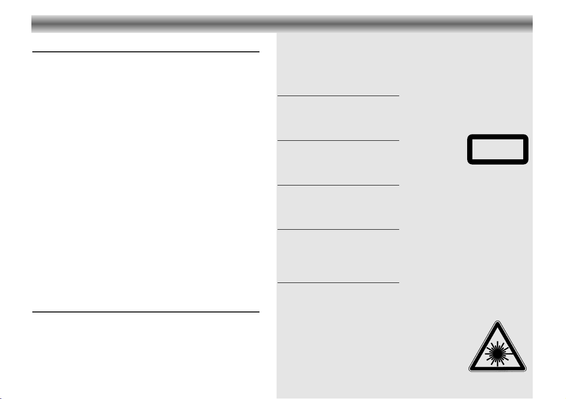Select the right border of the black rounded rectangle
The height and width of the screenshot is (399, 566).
tap(527, 149)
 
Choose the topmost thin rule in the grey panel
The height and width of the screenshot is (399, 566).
tap(338, 96)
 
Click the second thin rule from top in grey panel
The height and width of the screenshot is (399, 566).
tap(338, 140)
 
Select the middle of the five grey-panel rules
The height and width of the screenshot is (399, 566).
tap(338, 185)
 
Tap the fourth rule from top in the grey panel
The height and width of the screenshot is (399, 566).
tap(338, 230)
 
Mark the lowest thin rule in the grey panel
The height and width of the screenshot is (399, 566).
tap(338, 283)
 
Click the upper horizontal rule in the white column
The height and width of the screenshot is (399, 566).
tap(146, 52)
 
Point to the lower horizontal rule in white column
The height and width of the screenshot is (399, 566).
tap(146, 312)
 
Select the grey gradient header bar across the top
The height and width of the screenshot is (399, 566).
tap(282, 23)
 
